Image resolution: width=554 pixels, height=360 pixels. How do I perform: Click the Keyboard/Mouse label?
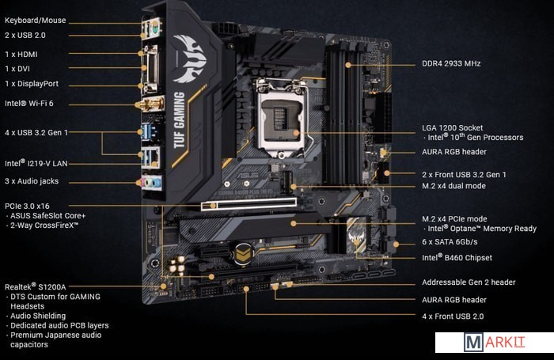click(x=36, y=21)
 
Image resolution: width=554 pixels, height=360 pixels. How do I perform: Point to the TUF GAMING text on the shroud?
click(x=180, y=119)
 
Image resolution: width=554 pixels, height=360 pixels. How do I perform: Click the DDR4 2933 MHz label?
click(x=451, y=63)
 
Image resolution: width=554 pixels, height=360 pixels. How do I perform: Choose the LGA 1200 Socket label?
click(x=452, y=128)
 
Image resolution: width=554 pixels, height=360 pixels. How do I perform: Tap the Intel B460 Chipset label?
click(x=457, y=258)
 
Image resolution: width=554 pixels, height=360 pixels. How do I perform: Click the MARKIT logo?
click(x=495, y=343)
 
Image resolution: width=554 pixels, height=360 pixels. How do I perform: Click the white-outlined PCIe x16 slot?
click(x=249, y=204)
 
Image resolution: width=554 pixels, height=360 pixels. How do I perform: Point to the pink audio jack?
click(x=144, y=183)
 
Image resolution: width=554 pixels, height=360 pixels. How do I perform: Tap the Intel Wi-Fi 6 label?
click(x=29, y=104)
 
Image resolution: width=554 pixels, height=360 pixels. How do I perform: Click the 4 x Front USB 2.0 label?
click(x=453, y=316)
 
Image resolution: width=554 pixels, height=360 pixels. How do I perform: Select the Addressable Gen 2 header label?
click(x=469, y=282)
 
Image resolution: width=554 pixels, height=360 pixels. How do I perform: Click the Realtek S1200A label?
click(x=36, y=286)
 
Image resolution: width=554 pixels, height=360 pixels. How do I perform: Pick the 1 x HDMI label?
click(x=21, y=55)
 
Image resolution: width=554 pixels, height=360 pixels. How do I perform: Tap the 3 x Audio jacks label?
click(x=32, y=181)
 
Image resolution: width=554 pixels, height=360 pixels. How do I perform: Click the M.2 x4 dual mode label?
click(x=453, y=186)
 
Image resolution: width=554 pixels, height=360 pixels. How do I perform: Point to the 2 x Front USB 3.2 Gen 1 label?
click(x=464, y=175)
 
